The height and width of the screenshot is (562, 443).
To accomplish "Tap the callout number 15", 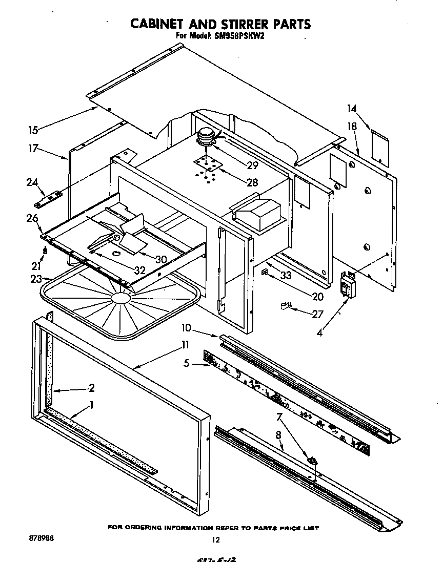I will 33,130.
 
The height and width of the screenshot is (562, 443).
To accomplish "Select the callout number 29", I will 252,165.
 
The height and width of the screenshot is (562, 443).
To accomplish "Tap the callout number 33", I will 286,275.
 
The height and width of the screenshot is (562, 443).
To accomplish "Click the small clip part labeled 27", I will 285,306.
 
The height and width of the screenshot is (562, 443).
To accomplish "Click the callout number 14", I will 351,109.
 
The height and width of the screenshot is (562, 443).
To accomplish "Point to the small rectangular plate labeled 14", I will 379,142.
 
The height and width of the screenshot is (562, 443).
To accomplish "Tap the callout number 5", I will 187,363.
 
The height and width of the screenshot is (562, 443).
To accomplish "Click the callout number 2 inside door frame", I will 91,387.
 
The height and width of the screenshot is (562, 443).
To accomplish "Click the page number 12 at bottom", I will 216,539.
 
